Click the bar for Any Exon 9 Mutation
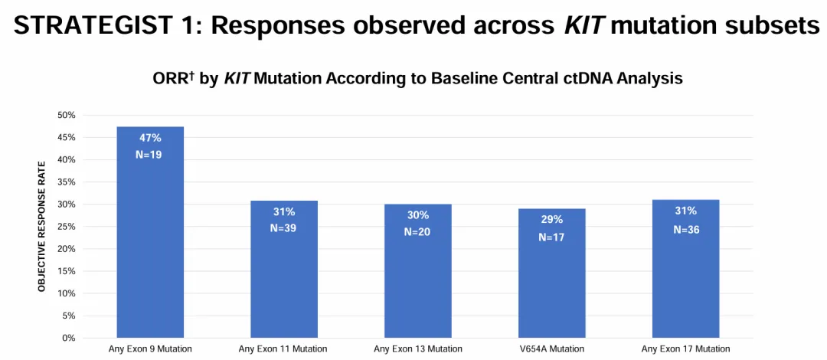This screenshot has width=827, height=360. coord(150,232)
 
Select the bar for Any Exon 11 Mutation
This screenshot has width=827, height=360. coord(284,269)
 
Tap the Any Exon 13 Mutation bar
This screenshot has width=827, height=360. coord(418,271)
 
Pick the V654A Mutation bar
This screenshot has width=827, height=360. coord(551,273)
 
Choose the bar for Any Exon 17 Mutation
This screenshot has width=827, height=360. coord(685,269)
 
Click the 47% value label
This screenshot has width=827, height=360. coord(150,139)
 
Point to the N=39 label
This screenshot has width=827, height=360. coord(284,227)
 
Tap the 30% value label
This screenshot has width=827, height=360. coord(418,215)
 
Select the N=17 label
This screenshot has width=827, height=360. coord(551,237)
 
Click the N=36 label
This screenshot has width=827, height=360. coord(685,230)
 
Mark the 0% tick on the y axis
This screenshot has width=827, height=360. coord(70,338)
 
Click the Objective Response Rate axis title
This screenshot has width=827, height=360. coord(41,227)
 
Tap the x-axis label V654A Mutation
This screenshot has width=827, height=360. coord(552,349)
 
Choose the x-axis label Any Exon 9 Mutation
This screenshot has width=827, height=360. coord(150,349)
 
